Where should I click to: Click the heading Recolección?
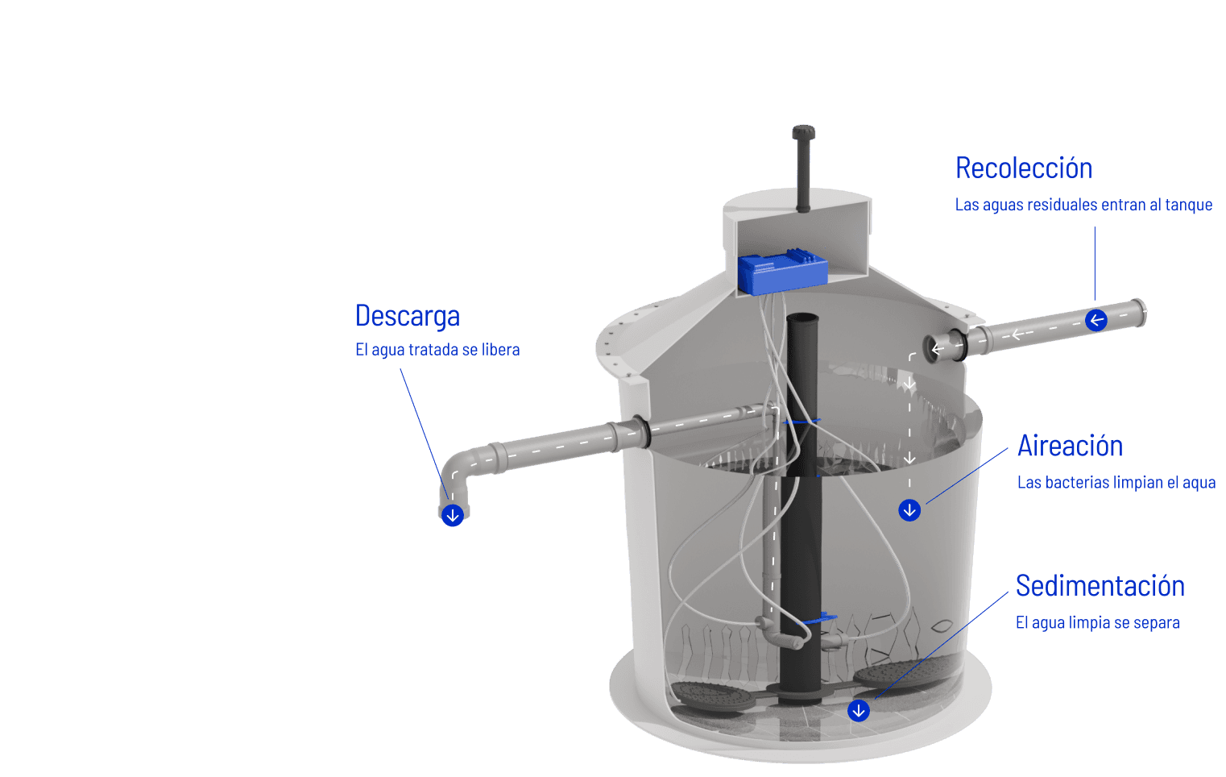point(1023,168)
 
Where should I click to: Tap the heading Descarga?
point(407,316)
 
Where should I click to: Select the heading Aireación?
point(1069,446)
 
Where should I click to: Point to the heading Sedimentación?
point(1099,586)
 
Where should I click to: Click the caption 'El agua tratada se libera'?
point(437,350)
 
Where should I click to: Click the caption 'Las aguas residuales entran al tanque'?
point(1083,205)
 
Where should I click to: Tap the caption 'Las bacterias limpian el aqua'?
point(1116,483)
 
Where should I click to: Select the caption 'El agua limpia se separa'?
point(1096,623)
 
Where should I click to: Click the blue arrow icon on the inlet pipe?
point(1096,321)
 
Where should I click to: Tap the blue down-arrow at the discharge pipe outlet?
point(453,515)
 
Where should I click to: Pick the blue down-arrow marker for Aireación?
point(909,510)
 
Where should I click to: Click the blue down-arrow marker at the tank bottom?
point(859,710)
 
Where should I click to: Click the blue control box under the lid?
point(781,272)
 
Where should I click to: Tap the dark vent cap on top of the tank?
point(803,133)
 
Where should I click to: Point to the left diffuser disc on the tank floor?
point(709,696)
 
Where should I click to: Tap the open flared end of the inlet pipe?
point(1139,313)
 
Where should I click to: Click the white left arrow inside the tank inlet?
point(936,349)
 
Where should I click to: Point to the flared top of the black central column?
point(802,320)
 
